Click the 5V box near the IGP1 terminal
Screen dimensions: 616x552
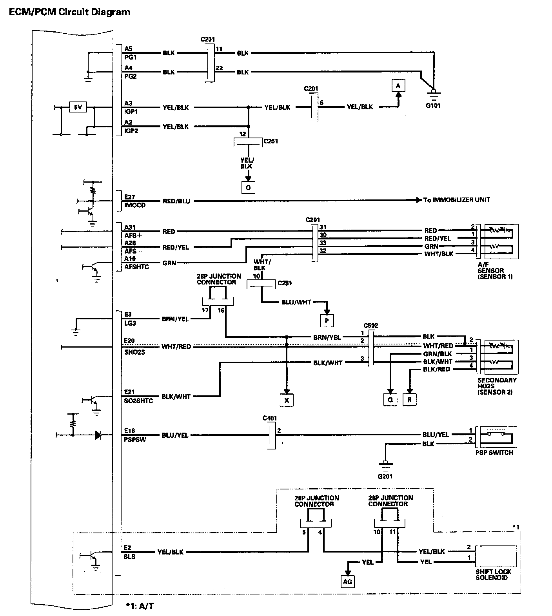pos(78,107)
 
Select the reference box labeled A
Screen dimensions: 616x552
pos(398,86)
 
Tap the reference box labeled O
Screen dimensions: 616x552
pos(248,188)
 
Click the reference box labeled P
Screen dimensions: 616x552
pos(327,321)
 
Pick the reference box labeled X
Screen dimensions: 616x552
pos(287,400)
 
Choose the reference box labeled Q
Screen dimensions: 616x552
pos(390,400)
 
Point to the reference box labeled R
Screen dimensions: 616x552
pos(409,400)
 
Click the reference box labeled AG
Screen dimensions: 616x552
pos(347,582)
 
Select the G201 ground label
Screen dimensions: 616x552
pos(385,476)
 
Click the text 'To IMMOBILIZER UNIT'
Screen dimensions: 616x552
pos(456,200)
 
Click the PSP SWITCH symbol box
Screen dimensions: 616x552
pos(496,437)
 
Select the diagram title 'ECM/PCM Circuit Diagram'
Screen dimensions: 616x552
pos(69,12)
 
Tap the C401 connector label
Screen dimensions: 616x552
pos(270,418)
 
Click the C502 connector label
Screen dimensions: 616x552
pos(370,325)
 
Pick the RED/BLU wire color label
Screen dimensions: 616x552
pos(176,201)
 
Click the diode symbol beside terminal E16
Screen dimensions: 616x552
pos(98,435)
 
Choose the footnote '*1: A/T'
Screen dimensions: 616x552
pos(140,606)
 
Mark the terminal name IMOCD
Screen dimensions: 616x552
pos(135,205)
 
